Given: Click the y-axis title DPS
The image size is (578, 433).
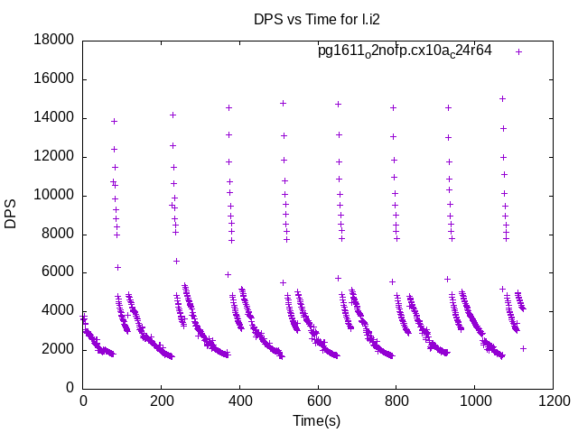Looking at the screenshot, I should click(11, 214).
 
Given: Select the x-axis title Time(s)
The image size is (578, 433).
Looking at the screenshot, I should click(316, 420).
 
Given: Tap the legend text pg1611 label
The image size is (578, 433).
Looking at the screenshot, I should click(405, 51).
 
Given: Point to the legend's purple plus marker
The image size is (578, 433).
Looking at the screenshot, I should click(518, 51).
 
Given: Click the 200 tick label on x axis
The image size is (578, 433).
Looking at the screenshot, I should click(162, 400).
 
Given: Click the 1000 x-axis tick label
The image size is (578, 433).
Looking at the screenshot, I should click(475, 400).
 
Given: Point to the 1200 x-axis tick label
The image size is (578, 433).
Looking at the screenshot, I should click(553, 400).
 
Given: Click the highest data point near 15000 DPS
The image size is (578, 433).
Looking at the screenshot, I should click(502, 98).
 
